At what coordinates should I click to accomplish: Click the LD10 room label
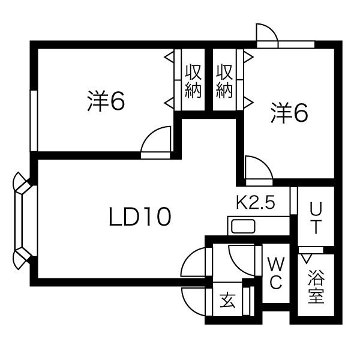(x=140, y=217)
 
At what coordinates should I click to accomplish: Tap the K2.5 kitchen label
(x=256, y=203)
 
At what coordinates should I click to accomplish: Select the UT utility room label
(x=316, y=218)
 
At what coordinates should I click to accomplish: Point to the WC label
(x=276, y=273)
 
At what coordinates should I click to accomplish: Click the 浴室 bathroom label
(x=316, y=287)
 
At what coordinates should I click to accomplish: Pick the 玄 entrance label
(x=227, y=300)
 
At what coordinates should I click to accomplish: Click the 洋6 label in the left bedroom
(x=106, y=101)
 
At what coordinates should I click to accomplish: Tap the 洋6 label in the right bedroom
(x=289, y=113)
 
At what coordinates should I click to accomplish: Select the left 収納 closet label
(x=193, y=81)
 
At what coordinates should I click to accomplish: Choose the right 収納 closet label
(x=224, y=81)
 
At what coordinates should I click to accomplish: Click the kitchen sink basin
(x=243, y=226)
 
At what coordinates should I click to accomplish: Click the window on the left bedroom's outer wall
(x=34, y=121)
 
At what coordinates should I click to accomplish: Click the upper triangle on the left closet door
(x=169, y=56)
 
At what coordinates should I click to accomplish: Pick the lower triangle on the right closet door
(x=248, y=103)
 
